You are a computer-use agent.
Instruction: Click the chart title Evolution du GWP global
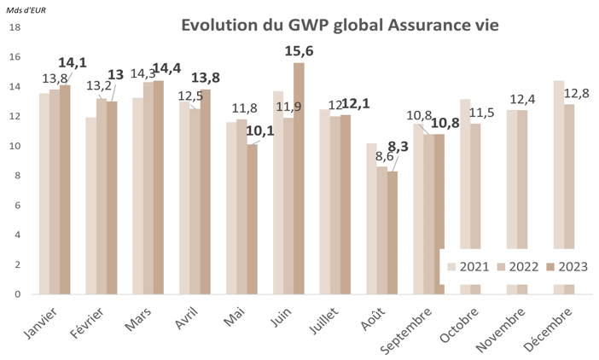point(340,26)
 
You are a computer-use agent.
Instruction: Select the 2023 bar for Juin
point(299,179)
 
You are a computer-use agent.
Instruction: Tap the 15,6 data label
point(303,51)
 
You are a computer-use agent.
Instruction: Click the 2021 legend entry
point(474,266)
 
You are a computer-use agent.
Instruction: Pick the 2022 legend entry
point(521,266)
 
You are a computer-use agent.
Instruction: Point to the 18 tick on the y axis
point(15,27)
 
